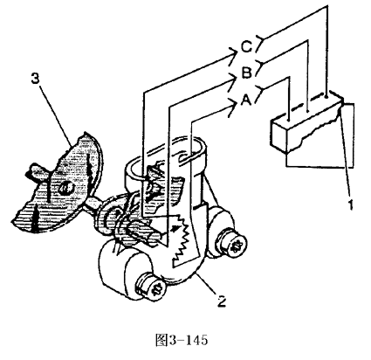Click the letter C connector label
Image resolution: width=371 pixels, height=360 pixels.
247,47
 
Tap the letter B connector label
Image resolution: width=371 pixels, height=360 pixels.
247,73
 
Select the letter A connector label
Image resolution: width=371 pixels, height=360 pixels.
246,100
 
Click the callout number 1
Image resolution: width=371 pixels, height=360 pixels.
351,204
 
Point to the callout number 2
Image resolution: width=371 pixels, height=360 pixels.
222,301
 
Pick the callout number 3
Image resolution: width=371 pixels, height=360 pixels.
35,79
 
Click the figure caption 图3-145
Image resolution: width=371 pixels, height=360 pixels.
182,340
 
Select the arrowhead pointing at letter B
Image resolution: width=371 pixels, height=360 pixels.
233,80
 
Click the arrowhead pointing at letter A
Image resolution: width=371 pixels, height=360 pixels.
233,107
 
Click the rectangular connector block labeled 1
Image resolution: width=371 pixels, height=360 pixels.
306,122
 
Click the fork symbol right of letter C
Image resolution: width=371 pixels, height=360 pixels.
261,41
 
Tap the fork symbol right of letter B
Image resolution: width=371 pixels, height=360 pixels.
261,66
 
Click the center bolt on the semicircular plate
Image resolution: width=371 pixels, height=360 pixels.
65,189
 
